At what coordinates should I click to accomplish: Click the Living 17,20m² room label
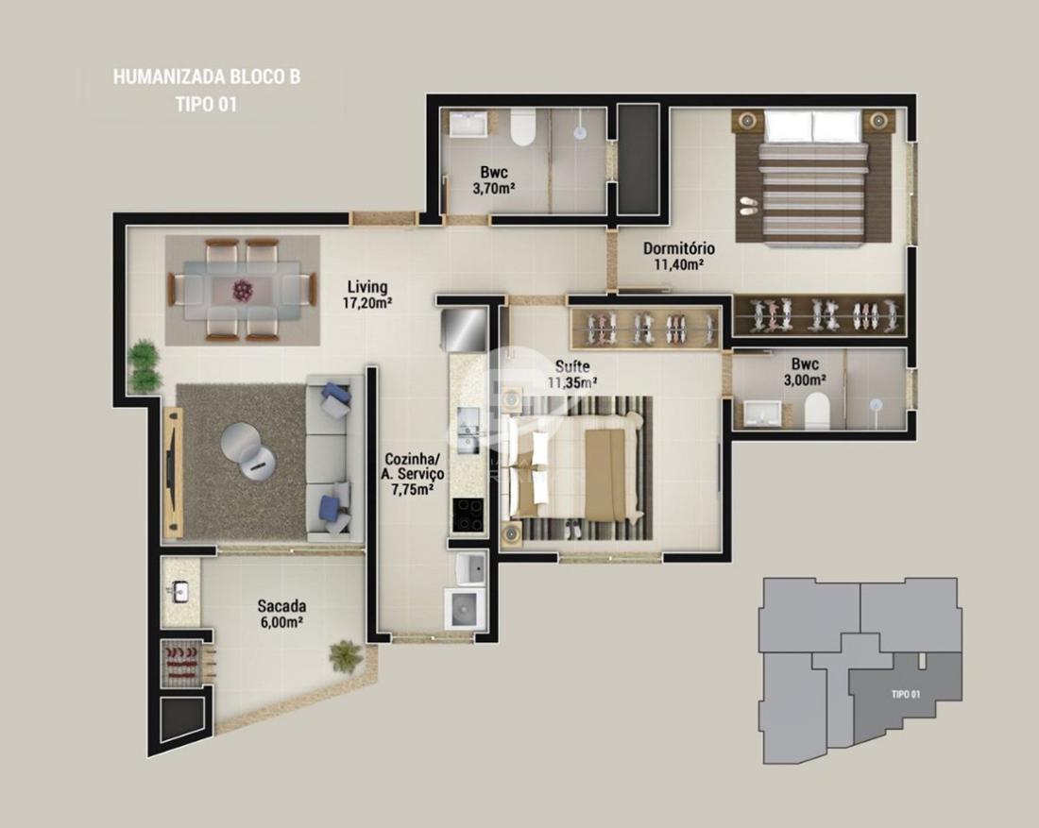[x=367, y=296]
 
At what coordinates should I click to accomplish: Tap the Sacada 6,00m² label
[x=281, y=614]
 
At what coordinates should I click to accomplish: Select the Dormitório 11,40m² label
[x=679, y=257]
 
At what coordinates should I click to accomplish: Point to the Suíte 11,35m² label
[x=572, y=374]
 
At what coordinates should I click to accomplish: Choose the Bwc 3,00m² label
[x=805, y=372]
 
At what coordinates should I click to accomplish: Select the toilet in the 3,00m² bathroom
[x=817, y=410]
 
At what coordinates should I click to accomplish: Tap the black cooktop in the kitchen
[x=468, y=515]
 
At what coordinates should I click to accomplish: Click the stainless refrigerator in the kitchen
[x=463, y=330]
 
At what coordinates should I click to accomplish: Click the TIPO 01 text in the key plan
[x=905, y=694]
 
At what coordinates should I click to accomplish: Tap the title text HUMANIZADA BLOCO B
[x=207, y=76]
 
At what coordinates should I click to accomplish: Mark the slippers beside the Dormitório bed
[x=747, y=205]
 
